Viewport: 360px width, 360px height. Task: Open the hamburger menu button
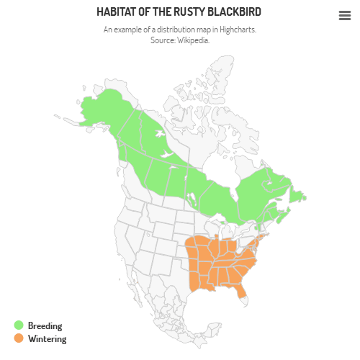[344, 15]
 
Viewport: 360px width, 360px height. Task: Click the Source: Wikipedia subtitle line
[180, 40]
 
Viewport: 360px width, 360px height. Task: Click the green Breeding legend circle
[19, 325]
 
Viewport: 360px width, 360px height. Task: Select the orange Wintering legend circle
[19, 338]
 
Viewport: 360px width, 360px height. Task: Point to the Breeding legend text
[45, 325]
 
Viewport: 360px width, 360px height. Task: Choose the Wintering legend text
[47, 338]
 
